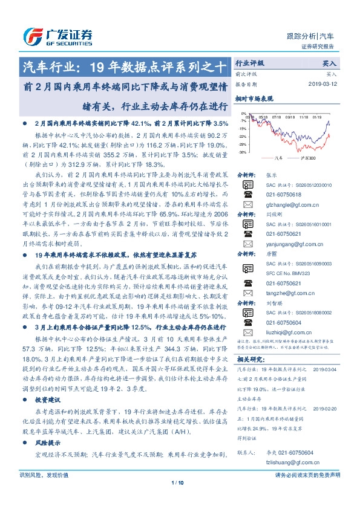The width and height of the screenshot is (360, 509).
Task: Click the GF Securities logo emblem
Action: pos(31,35)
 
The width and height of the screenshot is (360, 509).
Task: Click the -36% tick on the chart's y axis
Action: pos(241,154)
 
